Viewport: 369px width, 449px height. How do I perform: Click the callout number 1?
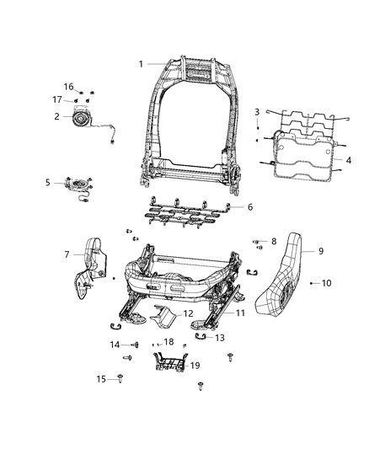coord(142,64)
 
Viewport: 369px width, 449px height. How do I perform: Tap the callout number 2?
coord(56,116)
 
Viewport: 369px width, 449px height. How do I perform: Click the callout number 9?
coord(320,250)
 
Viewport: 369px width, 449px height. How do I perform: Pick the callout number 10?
coord(327,283)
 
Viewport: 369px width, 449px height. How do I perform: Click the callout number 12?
coord(188,313)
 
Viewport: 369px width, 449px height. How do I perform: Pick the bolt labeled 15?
coord(126,379)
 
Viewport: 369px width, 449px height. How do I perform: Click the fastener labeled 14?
coord(135,345)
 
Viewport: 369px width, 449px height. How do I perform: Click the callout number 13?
coord(221,337)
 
